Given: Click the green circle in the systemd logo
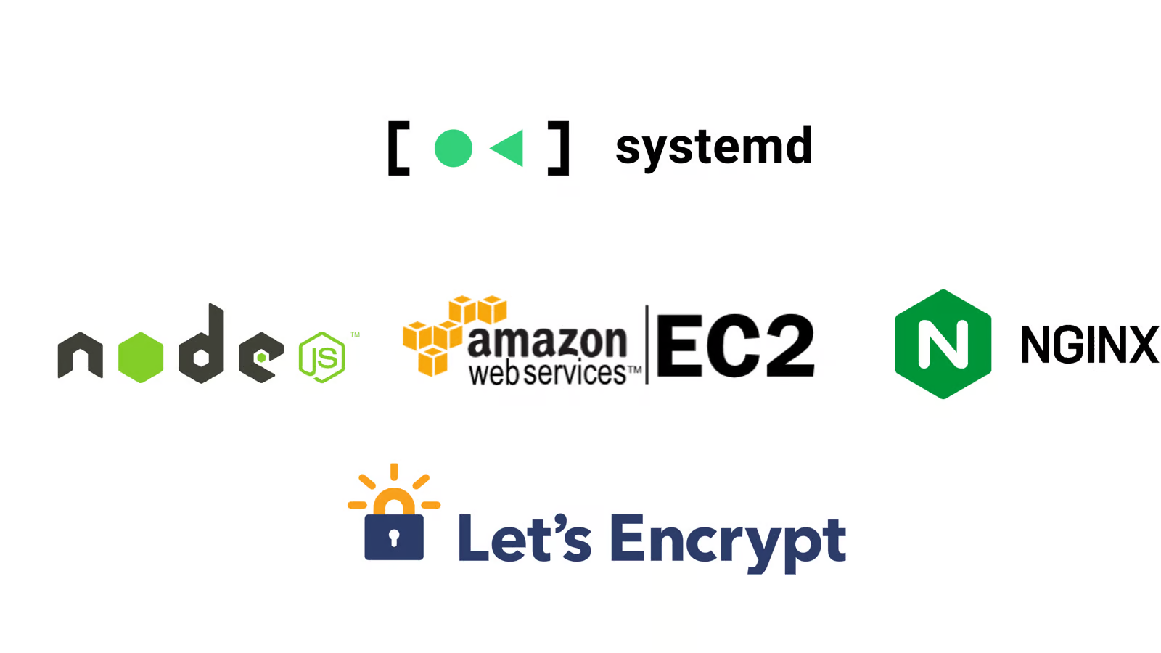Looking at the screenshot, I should (453, 148).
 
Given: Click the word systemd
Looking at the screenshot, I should (713, 147).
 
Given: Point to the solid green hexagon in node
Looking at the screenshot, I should (141, 357).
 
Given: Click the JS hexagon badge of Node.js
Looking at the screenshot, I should (322, 357).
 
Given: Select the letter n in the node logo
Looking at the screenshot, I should (80, 355).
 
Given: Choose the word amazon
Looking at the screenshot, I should (547, 341).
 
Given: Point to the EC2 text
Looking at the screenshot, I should (734, 346).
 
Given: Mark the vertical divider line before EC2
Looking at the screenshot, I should (647, 345).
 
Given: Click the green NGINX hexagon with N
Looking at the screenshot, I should (943, 344).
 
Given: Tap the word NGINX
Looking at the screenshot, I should (1088, 345).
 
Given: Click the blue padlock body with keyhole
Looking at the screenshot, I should (394, 538).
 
